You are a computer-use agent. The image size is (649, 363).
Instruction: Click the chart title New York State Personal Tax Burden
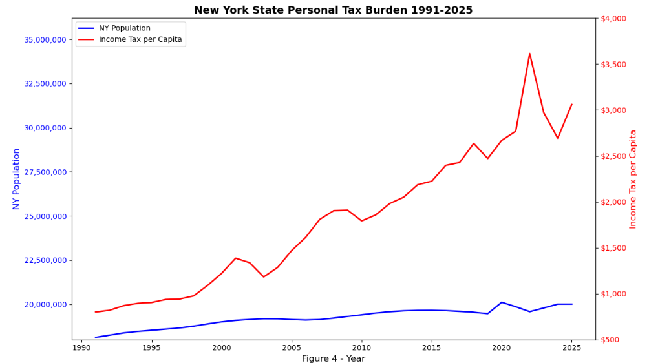tap(333, 10)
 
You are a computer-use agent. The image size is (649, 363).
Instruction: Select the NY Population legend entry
tap(124, 28)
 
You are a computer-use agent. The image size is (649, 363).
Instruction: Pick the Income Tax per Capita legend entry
tap(140, 39)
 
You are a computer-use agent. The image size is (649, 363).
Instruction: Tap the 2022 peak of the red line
tap(529, 54)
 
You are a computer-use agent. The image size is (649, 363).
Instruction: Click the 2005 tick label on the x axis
tap(292, 348)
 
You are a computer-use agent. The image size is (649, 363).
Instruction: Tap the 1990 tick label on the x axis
tap(81, 348)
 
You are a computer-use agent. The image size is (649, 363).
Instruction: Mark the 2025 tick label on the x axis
tap(571, 348)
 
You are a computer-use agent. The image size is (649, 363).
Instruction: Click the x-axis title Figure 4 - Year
tap(333, 358)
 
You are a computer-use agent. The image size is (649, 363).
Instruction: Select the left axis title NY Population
tap(17, 179)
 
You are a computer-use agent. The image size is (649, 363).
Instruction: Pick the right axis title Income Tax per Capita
tap(633, 179)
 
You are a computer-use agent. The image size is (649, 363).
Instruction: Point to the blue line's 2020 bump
tap(502, 302)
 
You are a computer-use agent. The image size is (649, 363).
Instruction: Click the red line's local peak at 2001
tap(235, 258)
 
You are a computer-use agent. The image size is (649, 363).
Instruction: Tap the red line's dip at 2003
tap(263, 277)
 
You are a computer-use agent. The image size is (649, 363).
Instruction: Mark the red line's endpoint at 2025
tap(571, 104)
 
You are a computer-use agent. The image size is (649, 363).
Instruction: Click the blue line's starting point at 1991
tap(96, 337)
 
